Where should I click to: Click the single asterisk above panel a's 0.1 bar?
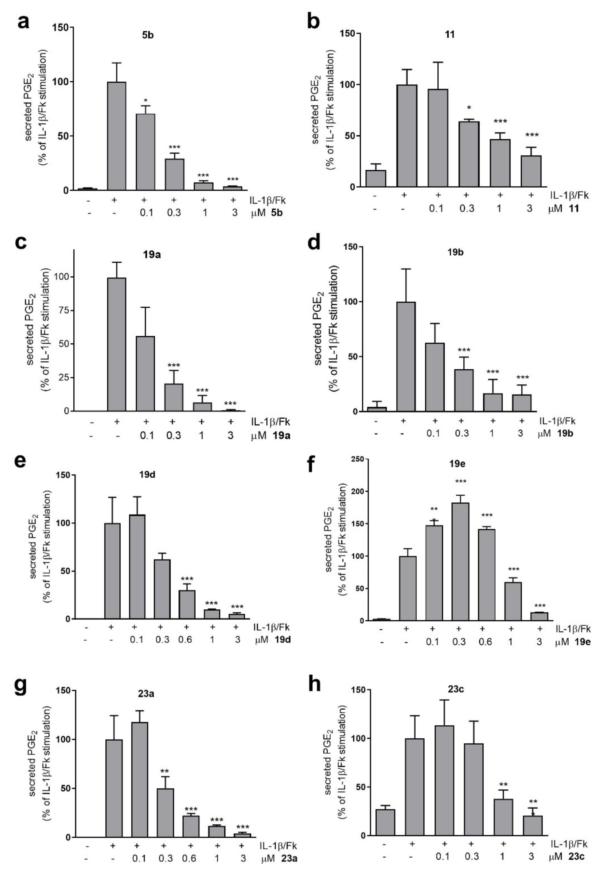[146, 101]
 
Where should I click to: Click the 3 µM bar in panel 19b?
[522, 403]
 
